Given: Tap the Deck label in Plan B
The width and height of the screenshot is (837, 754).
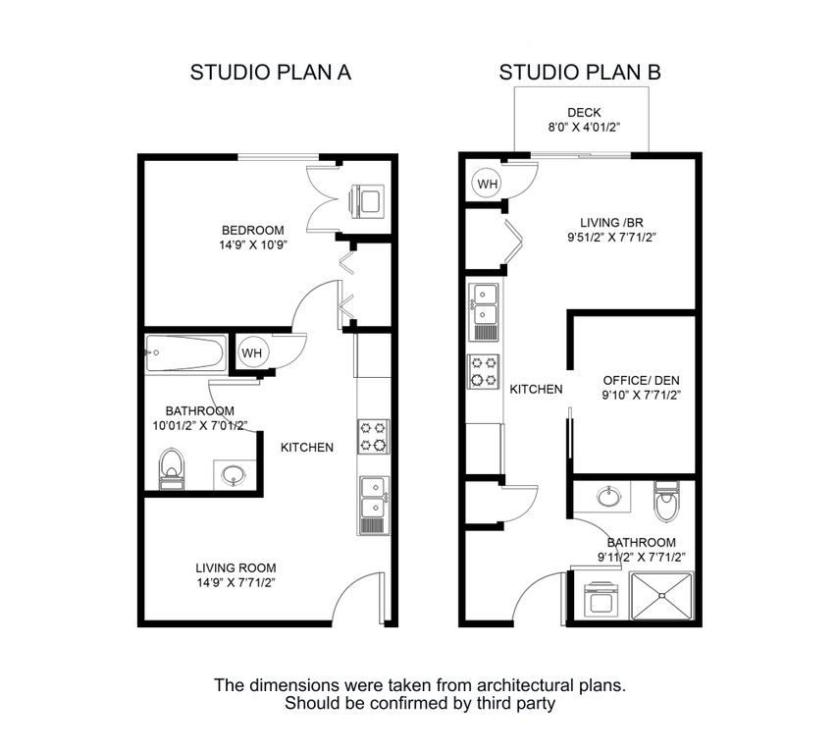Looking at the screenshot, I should [x=584, y=112].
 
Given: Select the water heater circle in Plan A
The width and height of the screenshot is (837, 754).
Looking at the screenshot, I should [x=252, y=351].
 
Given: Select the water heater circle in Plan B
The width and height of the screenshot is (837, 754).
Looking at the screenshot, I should [x=488, y=182].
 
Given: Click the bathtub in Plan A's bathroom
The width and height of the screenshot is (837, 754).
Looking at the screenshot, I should [x=186, y=352].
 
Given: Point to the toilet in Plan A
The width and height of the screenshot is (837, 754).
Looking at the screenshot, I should [x=172, y=467].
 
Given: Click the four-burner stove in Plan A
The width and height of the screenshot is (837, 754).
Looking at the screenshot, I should [x=374, y=436].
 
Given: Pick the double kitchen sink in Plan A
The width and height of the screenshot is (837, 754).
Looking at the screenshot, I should [x=374, y=505].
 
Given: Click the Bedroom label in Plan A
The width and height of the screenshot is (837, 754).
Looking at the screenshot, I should [x=252, y=231].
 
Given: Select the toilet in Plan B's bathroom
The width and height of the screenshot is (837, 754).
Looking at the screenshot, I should [x=666, y=501].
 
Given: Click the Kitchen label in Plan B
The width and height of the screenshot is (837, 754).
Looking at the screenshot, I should [x=536, y=389].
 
